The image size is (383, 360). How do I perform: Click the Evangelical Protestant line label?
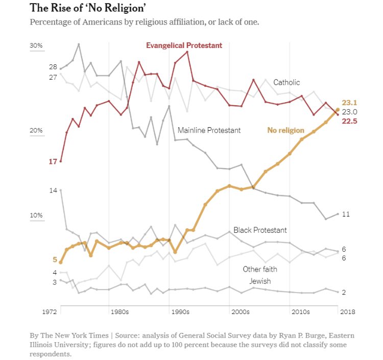(x=184, y=45)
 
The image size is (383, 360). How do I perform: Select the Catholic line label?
(x=286, y=82)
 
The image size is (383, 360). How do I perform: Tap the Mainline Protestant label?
(x=209, y=130)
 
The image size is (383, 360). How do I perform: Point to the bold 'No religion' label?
(x=285, y=130)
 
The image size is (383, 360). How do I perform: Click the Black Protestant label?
(x=260, y=230)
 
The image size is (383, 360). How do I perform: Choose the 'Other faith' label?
(x=260, y=269)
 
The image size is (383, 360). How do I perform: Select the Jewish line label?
(x=260, y=281)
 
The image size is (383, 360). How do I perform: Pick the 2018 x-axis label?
(x=347, y=311)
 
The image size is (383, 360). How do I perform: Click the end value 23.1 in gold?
(x=349, y=103)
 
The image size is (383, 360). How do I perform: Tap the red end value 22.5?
(x=349, y=121)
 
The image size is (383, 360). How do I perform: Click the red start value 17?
(x=53, y=162)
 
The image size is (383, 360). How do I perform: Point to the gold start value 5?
(x=55, y=259)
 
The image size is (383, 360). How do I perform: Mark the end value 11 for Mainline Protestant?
(x=345, y=214)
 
